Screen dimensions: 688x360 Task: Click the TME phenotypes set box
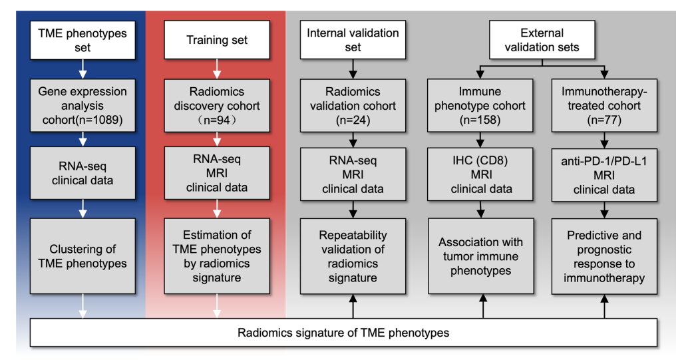[83, 40]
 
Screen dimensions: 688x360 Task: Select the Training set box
[217, 40]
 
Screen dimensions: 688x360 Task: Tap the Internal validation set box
[353, 40]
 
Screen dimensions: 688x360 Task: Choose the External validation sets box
[542, 40]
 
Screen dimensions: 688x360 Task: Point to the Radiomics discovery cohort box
[217, 105]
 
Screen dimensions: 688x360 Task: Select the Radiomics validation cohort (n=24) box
[353, 105]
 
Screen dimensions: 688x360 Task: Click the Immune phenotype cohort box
[480, 105]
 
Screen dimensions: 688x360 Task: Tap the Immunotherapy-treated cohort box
[604, 105]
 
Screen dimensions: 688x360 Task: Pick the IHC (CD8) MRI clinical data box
[480, 174]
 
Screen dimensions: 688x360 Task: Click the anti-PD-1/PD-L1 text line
[604, 161]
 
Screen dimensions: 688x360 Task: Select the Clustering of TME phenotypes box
[83, 256]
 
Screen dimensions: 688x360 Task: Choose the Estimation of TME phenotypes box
[217, 256]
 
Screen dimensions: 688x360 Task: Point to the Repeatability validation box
[353, 256]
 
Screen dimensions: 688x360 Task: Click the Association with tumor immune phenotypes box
[481, 256]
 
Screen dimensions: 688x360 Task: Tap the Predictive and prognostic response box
[604, 256]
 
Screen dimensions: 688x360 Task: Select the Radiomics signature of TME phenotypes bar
[343, 333]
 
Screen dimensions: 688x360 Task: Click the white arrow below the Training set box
[217, 69]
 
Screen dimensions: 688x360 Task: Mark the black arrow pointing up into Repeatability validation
[353, 307]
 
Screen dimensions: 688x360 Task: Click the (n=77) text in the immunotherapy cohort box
[604, 120]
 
